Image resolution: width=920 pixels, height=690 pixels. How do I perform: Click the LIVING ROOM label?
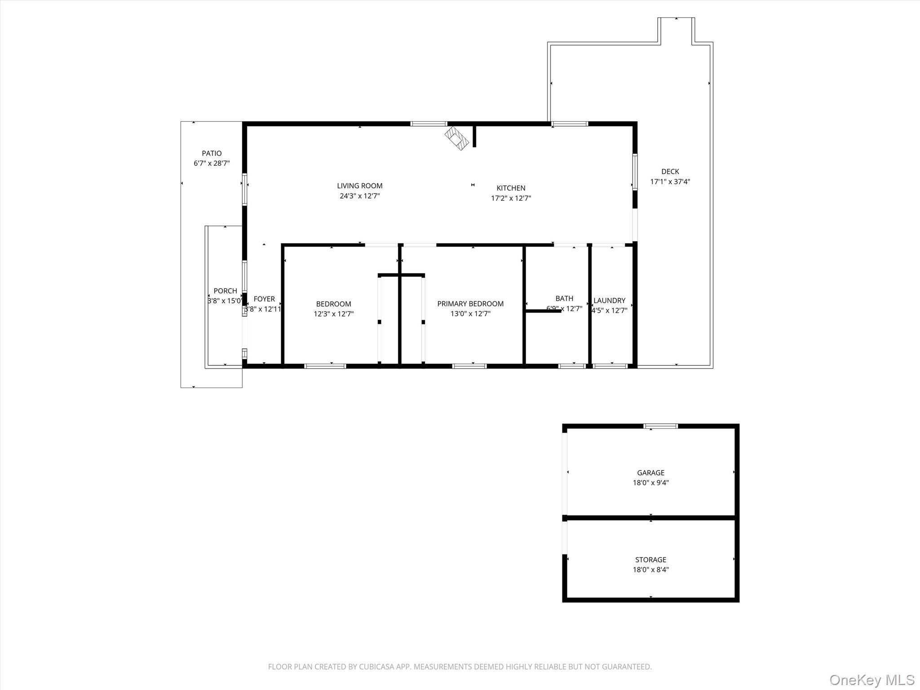(359, 186)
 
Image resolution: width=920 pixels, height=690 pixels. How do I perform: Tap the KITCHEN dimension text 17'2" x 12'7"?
(511, 198)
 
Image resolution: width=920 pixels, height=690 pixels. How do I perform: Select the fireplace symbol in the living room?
(457, 138)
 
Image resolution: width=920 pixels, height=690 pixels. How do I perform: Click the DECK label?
(670, 171)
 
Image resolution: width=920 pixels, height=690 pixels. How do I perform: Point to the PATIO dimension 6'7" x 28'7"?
(212, 164)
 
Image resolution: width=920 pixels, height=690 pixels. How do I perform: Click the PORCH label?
(225, 291)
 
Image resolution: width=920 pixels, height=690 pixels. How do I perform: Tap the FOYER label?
(264, 299)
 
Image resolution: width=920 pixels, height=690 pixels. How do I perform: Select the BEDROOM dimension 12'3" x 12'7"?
(333, 314)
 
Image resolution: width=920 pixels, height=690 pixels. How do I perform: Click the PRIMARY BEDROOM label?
(470, 304)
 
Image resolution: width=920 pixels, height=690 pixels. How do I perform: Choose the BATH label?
(564, 298)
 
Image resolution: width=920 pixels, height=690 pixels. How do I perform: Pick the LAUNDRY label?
(609, 301)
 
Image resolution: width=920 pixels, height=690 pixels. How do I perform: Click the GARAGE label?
(650, 473)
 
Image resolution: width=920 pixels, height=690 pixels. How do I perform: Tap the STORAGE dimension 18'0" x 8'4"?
(650, 570)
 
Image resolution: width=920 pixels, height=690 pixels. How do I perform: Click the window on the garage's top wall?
(660, 426)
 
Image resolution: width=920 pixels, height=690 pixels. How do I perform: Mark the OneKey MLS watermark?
(871, 680)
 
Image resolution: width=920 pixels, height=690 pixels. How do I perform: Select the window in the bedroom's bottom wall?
(325, 366)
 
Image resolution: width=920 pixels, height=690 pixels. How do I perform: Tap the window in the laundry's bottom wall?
(610, 366)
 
